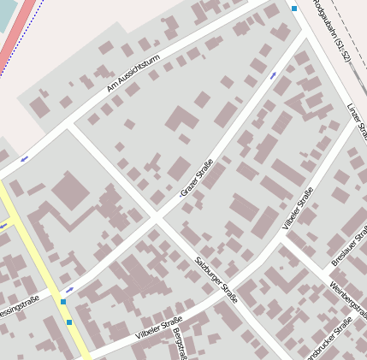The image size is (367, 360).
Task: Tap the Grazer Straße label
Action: click(x=196, y=179)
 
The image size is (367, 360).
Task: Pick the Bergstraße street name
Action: click(x=178, y=341)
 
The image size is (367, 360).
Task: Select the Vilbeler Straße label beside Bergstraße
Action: click(x=159, y=329)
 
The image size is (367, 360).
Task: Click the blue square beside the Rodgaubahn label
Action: click(x=294, y=9)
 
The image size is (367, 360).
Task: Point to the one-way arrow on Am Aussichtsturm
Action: click(x=24, y=158)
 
